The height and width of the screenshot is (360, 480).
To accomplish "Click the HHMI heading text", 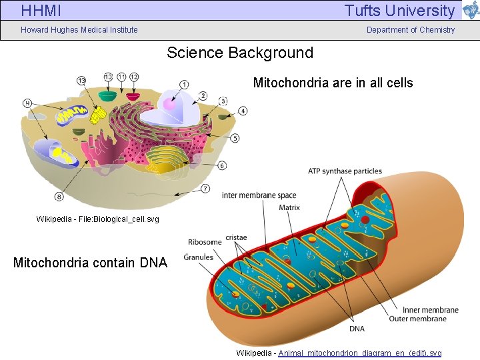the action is pos(41,11).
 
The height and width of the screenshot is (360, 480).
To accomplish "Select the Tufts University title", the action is pos(399,11).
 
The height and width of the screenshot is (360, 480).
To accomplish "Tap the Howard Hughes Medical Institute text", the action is pos(79,30).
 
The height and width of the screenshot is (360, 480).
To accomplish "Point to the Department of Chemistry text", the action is pos(411,30).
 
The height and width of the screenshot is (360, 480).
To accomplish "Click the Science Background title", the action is pos(240,53).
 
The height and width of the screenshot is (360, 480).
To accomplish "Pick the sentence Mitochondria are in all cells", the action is pos(333,83).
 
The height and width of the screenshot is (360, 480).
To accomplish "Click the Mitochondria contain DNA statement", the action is pos(90,263).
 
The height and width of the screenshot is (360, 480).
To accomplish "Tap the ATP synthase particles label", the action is pos(345,171).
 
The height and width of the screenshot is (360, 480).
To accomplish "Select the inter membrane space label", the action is pos(259,195).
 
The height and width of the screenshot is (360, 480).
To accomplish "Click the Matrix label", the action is pos(289,207).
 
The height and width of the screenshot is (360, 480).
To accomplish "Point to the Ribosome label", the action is pos(205,242).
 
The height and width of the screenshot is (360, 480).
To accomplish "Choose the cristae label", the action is pos(236,237).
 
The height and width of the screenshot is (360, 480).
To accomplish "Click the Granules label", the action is pos(199,257).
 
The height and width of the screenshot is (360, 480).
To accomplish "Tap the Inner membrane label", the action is pos(430,309).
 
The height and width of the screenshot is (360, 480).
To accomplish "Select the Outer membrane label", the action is pos(418,319).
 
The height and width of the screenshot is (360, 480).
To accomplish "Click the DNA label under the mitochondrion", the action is pos(357,329).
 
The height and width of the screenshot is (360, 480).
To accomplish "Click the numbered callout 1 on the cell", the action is pos(183,84).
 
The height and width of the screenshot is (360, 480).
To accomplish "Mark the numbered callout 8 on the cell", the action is pos(59,197).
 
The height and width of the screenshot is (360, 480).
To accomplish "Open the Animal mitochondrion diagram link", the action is pos(359,353).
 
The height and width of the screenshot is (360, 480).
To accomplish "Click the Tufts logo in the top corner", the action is pos(471,10).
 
